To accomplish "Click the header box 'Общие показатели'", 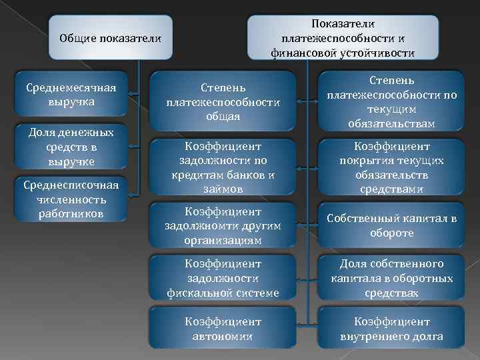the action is click(111, 38).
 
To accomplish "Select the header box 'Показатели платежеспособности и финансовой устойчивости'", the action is click(343, 38).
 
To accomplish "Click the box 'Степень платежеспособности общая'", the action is click(223, 102).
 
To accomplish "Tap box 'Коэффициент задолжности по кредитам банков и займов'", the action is click(223, 167).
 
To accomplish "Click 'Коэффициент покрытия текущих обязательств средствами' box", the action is click(392, 167).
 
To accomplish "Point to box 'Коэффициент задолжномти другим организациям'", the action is click(223, 225).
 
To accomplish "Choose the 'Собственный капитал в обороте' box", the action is click(392, 225).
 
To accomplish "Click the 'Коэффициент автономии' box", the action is click(223, 329).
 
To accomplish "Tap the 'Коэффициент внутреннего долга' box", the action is click(392, 329).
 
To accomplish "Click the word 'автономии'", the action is click(223, 337).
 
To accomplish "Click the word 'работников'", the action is click(71, 213).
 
